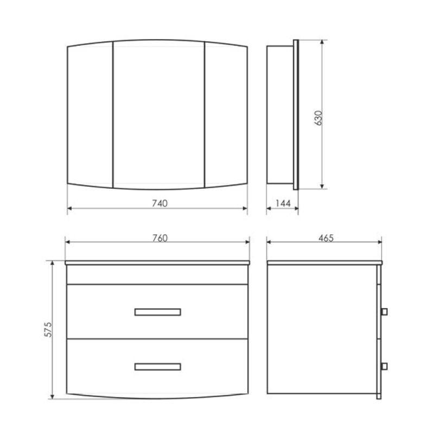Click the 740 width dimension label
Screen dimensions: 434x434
pos(157,203)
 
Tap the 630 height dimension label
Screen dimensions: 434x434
pos(318,118)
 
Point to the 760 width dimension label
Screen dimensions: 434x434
pos(157,238)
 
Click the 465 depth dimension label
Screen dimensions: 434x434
pos(324,238)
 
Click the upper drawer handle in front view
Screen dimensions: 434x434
pos(157,311)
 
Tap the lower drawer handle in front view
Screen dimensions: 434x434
pos(157,367)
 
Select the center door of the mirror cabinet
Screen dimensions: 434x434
pos(158,115)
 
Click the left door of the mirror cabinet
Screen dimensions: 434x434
pos(90,115)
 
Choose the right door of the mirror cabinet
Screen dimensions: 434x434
pos(226,115)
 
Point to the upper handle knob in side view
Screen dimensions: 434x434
pos(384,311)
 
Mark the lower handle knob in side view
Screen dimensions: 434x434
pos(384,366)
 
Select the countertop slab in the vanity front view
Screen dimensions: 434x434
pos(157,263)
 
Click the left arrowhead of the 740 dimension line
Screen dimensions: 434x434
pos(69,208)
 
